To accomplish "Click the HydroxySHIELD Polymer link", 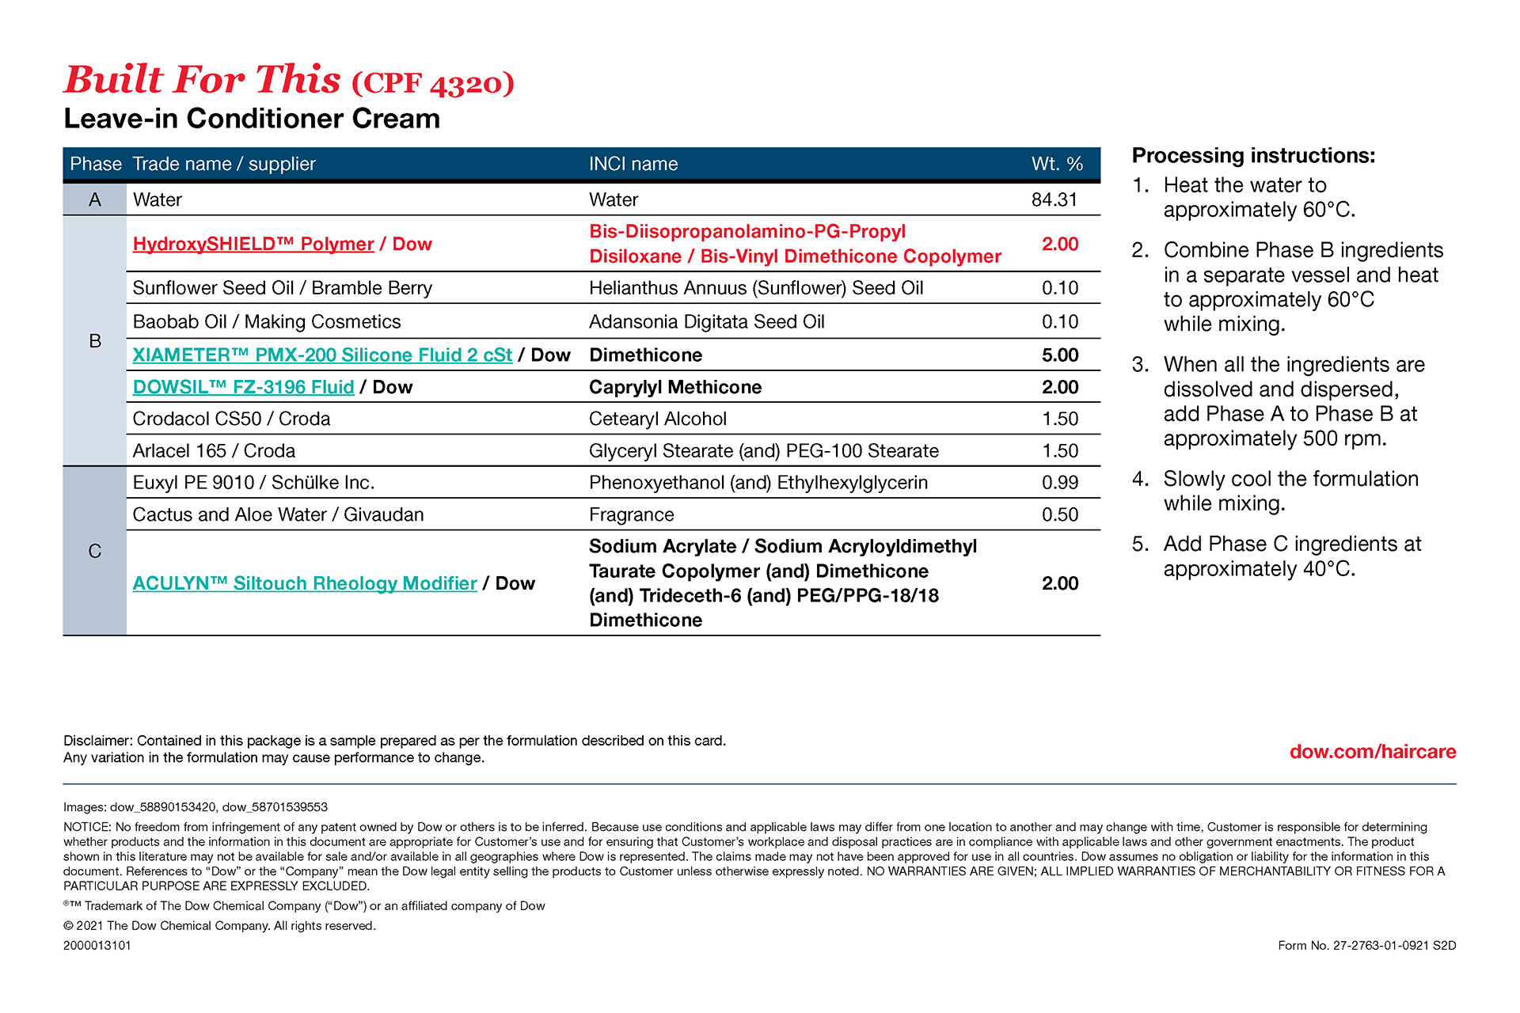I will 253,244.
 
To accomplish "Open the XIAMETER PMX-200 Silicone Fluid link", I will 322,355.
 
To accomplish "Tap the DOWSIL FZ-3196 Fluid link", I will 243,387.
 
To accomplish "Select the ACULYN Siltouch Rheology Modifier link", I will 305,583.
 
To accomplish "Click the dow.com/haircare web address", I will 1372,752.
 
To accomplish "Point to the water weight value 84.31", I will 1054,199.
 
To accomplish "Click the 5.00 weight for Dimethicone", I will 1059,355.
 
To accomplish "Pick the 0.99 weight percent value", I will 1059,483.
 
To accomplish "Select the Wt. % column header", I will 1056,164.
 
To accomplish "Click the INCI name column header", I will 633,164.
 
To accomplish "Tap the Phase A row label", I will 95,199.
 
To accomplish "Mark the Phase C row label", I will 95,551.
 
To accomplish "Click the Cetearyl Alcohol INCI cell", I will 657,419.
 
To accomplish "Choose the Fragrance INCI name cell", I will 631,514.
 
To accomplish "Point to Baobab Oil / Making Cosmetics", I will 267,321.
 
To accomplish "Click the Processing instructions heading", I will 1253,155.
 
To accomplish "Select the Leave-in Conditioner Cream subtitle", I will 252,119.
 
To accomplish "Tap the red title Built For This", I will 203,80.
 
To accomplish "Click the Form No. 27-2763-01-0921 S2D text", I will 1366,945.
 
